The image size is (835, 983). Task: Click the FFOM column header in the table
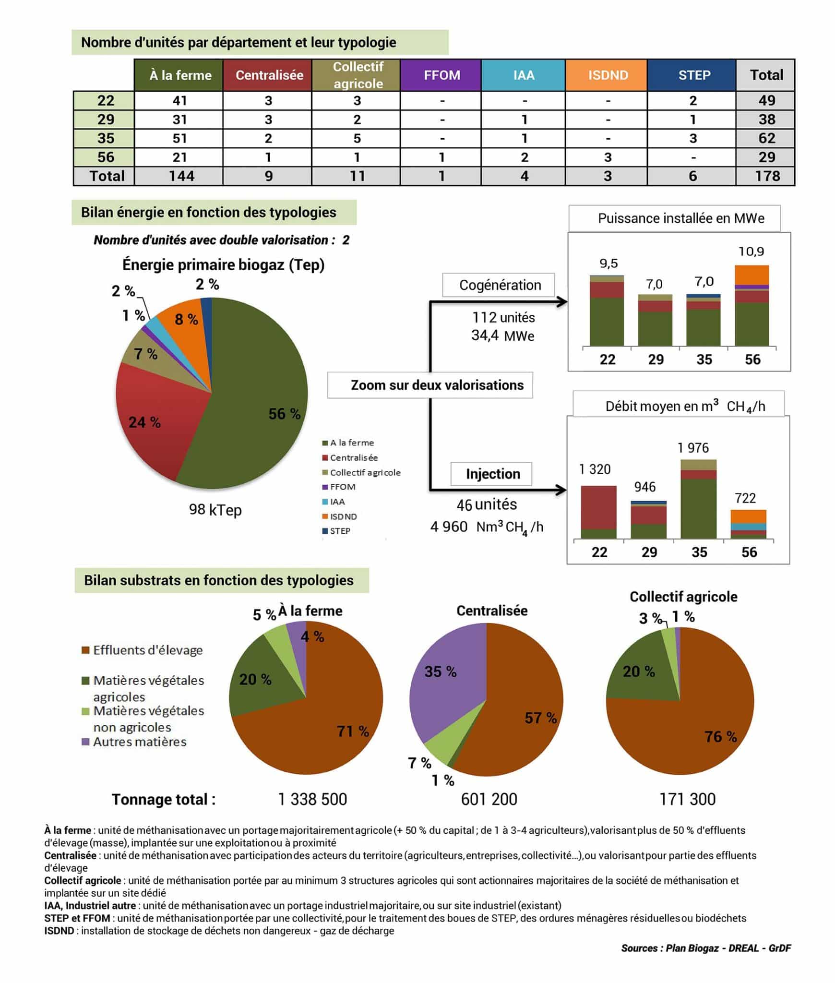pyautogui.click(x=441, y=75)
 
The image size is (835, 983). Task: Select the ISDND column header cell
pyautogui.click(x=608, y=75)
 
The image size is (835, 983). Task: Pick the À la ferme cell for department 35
pyautogui.click(x=179, y=138)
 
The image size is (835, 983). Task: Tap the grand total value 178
pyautogui.click(x=767, y=176)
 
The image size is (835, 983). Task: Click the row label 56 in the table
pyautogui.click(x=106, y=157)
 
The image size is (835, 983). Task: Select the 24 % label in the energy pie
pyautogui.click(x=144, y=422)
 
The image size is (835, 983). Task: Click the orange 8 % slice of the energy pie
pyautogui.click(x=182, y=317)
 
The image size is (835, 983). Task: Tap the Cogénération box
pyautogui.click(x=500, y=285)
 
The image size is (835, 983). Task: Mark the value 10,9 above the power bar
pyautogui.click(x=751, y=252)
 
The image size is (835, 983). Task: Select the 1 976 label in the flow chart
pyautogui.click(x=692, y=448)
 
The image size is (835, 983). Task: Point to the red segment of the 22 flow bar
pyautogui.click(x=598, y=507)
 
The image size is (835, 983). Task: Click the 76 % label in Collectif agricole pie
pyautogui.click(x=720, y=736)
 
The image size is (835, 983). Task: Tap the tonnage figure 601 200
pyautogui.click(x=489, y=799)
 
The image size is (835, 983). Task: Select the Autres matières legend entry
pyautogui.click(x=139, y=742)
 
